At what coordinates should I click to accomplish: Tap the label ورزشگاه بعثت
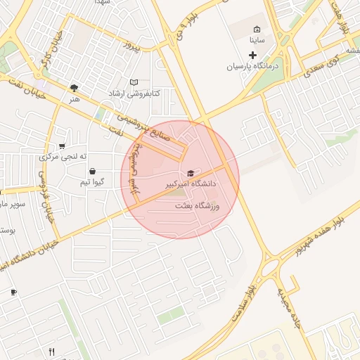[x=198, y=205]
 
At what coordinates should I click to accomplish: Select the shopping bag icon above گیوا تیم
[x=92, y=171]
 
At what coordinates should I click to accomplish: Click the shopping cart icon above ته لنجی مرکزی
[x=63, y=146]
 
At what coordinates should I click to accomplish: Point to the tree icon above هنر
[x=75, y=88]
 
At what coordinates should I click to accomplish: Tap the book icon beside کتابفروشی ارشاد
[x=134, y=82]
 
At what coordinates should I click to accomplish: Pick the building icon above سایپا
[x=257, y=30]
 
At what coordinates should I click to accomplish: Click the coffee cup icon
[x=13, y=291]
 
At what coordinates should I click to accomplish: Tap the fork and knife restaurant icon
[x=51, y=351]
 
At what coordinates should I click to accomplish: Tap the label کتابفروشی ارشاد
[x=134, y=94]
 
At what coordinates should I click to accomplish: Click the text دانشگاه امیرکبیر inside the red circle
[x=190, y=184]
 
